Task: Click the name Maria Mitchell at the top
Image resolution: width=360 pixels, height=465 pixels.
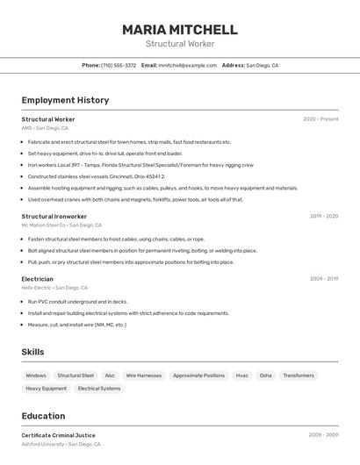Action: (180, 29)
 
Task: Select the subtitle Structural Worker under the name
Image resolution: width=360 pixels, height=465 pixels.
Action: (180, 44)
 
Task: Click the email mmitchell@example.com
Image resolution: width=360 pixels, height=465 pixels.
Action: (187, 65)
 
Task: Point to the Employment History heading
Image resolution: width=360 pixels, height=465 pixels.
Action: (65, 100)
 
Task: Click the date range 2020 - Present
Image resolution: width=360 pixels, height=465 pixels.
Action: (320, 119)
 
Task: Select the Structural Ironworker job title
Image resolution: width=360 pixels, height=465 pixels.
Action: (54, 216)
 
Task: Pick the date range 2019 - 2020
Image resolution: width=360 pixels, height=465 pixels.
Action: (324, 216)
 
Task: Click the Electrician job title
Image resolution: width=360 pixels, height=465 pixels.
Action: (38, 279)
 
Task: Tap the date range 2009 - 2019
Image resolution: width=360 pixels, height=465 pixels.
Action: (324, 279)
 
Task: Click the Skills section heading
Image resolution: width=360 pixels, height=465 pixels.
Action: (33, 352)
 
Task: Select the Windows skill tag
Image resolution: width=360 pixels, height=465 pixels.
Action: (36, 376)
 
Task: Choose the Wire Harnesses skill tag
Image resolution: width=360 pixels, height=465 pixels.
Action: (144, 376)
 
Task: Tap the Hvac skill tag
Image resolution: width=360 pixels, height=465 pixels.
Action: (242, 376)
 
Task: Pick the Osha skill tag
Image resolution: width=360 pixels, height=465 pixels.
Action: (265, 376)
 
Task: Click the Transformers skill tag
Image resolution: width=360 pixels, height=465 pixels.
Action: (299, 376)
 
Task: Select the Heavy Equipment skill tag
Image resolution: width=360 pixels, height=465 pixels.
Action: (46, 388)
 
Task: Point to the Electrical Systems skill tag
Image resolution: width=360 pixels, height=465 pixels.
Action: (99, 388)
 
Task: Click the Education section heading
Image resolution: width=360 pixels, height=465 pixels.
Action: (43, 416)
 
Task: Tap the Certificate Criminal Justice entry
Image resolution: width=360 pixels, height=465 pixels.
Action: (58, 435)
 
